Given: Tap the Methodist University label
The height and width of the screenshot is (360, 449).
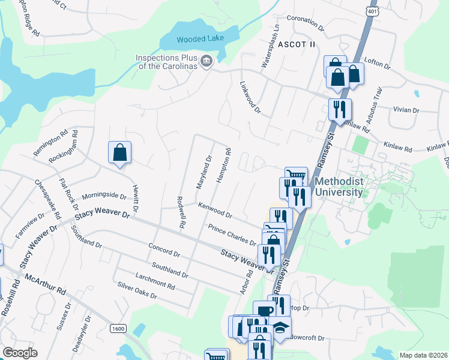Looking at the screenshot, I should tap(339, 187).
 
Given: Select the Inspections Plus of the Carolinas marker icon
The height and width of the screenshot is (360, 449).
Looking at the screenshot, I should tap(206, 61).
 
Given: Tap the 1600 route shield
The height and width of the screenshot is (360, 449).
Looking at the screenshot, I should tap(118, 328).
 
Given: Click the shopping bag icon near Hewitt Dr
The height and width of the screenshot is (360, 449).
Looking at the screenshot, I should tap(119, 152).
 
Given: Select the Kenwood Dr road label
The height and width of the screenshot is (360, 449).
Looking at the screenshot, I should tap(215, 210).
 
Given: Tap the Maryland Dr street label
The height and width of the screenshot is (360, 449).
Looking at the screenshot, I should tap(205, 172).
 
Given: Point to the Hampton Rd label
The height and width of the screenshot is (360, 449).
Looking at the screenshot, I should tap(222, 166).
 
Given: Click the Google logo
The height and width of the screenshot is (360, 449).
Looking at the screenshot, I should tap(20, 353).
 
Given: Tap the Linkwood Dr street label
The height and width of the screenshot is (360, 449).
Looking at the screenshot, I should tap(250, 98).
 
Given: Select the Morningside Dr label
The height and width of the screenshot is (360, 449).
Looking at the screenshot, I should tap(104, 196).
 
